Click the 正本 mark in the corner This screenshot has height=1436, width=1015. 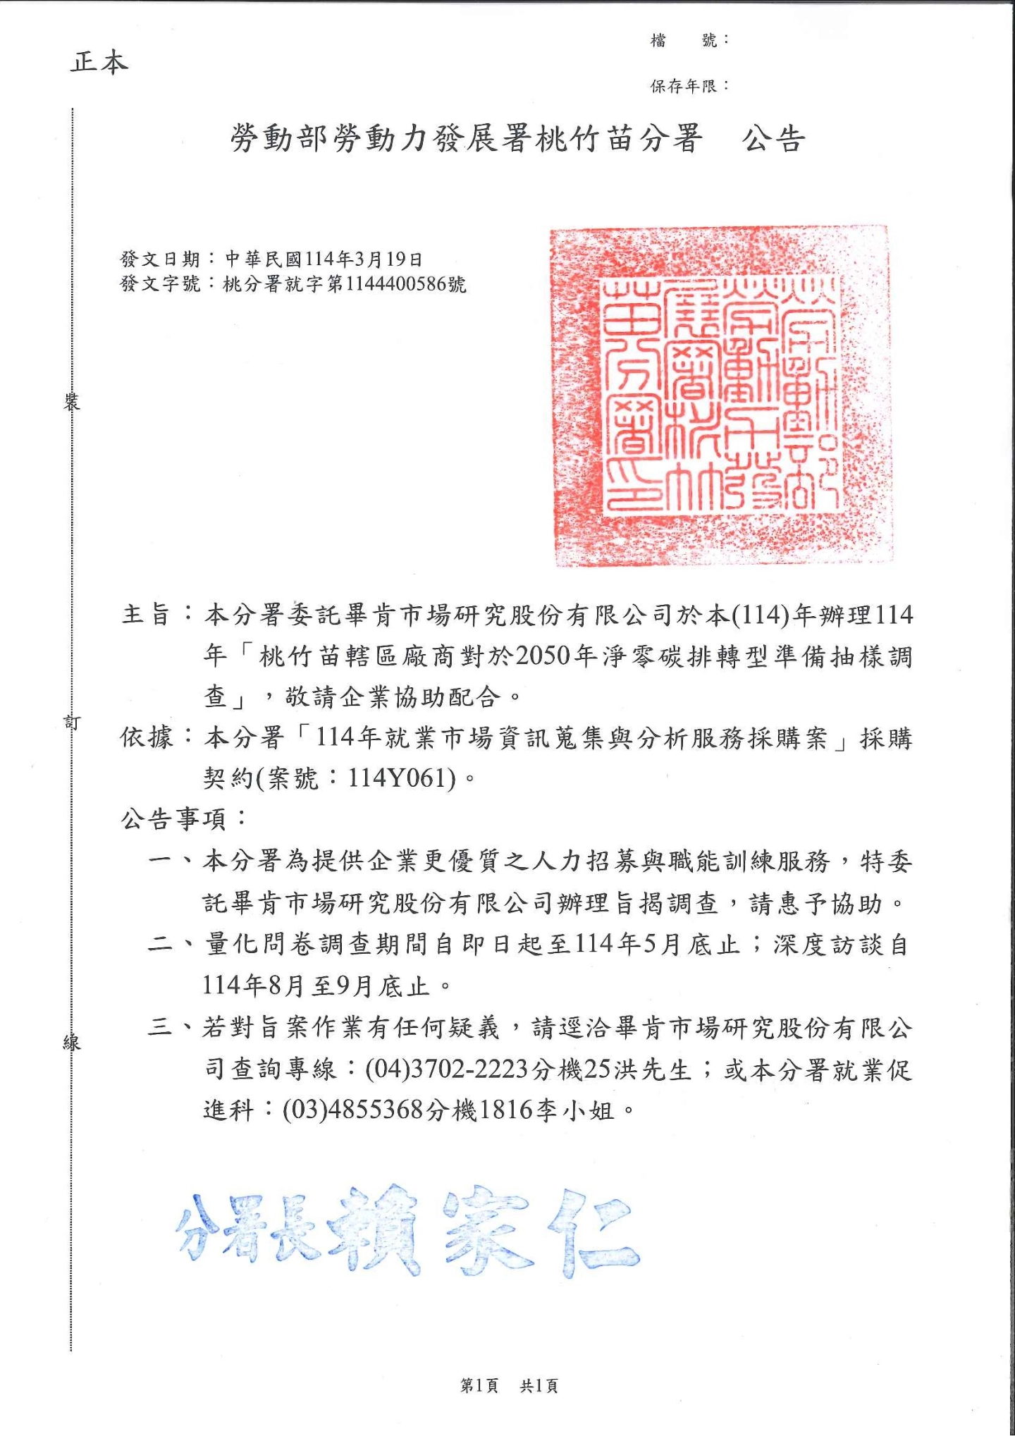tap(99, 62)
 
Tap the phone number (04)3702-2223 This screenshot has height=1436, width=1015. tap(447, 1069)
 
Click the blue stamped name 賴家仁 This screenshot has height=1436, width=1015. tap(486, 1230)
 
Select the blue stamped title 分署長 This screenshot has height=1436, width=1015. tap(247, 1230)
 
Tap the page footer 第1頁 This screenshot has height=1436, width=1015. tap(479, 1386)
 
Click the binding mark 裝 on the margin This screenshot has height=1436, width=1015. tap(71, 403)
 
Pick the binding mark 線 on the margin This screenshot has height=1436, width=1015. tap(71, 1042)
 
